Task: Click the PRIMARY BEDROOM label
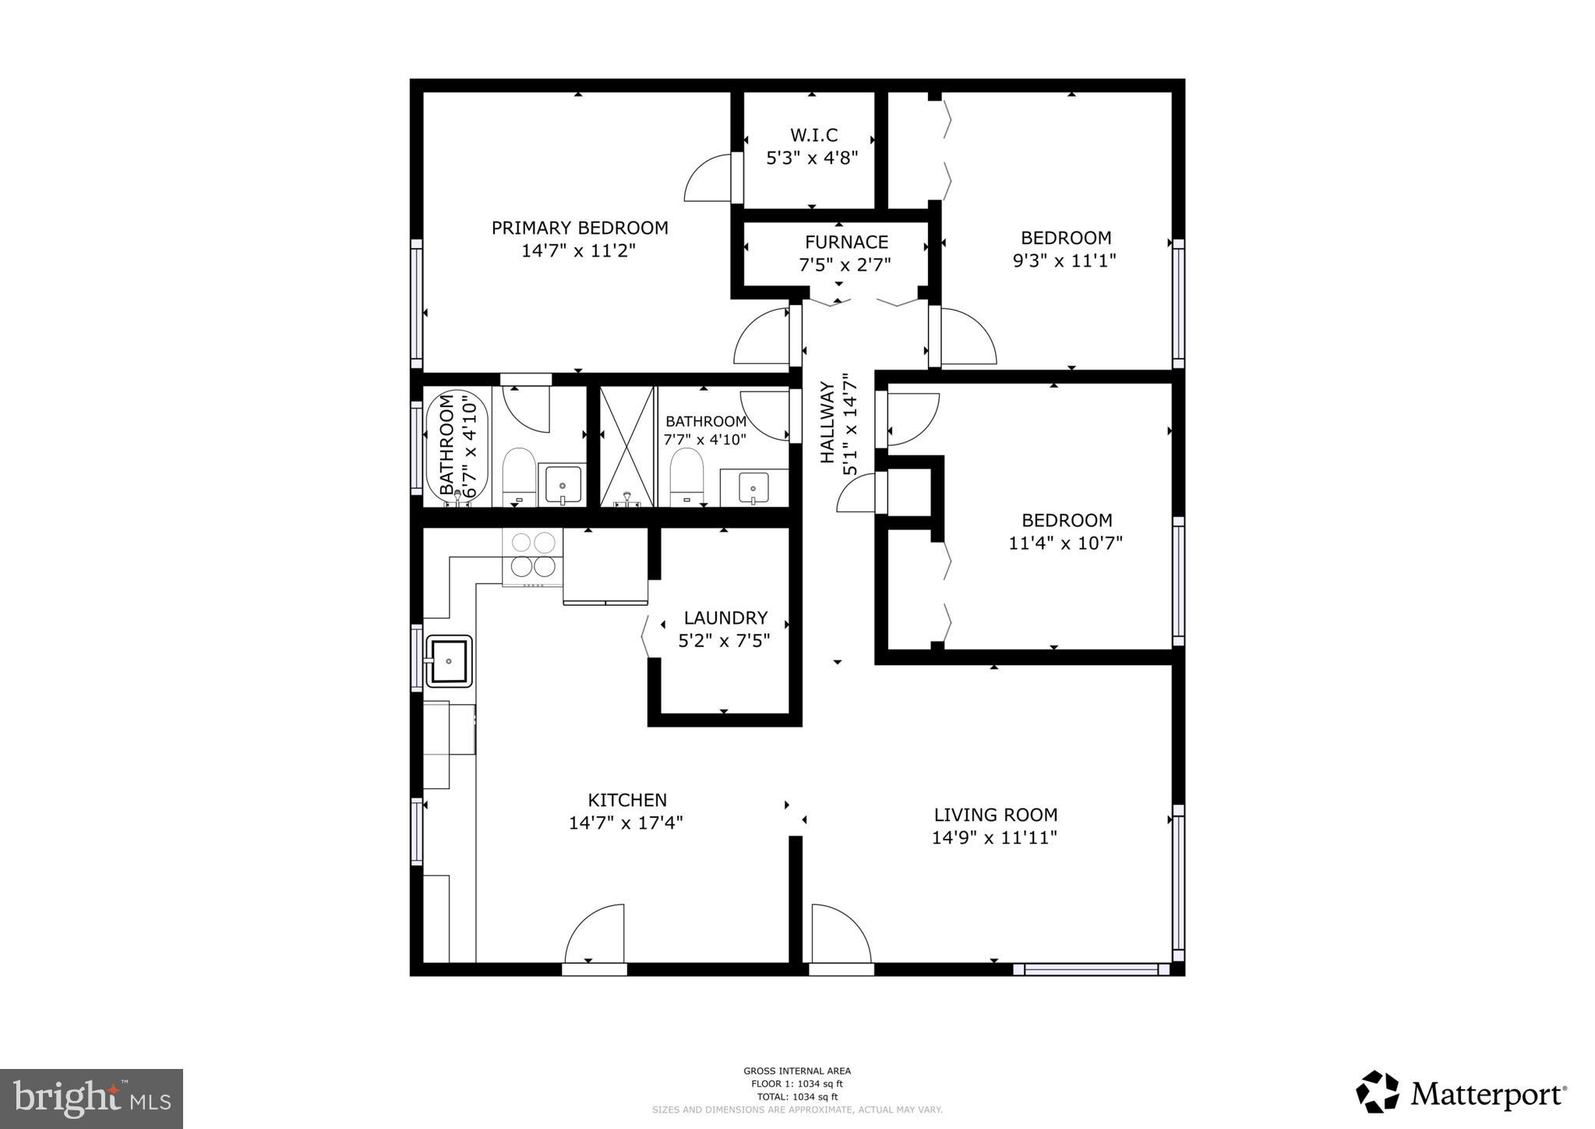pyautogui.click(x=579, y=228)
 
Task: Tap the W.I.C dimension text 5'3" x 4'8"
pyautogui.click(x=812, y=158)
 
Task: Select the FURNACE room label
pyautogui.click(x=846, y=242)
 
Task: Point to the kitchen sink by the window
pyautogui.click(x=449, y=661)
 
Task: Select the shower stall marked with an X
pyautogui.click(x=626, y=446)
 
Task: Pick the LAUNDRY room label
pyautogui.click(x=725, y=618)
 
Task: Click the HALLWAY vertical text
pyautogui.click(x=827, y=422)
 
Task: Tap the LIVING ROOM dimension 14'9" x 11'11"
pyautogui.click(x=994, y=838)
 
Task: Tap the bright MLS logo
pyautogui.click(x=91, y=1099)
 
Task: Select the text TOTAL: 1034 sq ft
pyautogui.click(x=796, y=1096)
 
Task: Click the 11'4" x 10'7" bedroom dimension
pyautogui.click(x=1065, y=543)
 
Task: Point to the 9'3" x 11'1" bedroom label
pyautogui.click(x=1065, y=238)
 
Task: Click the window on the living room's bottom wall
pyautogui.click(x=1091, y=970)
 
